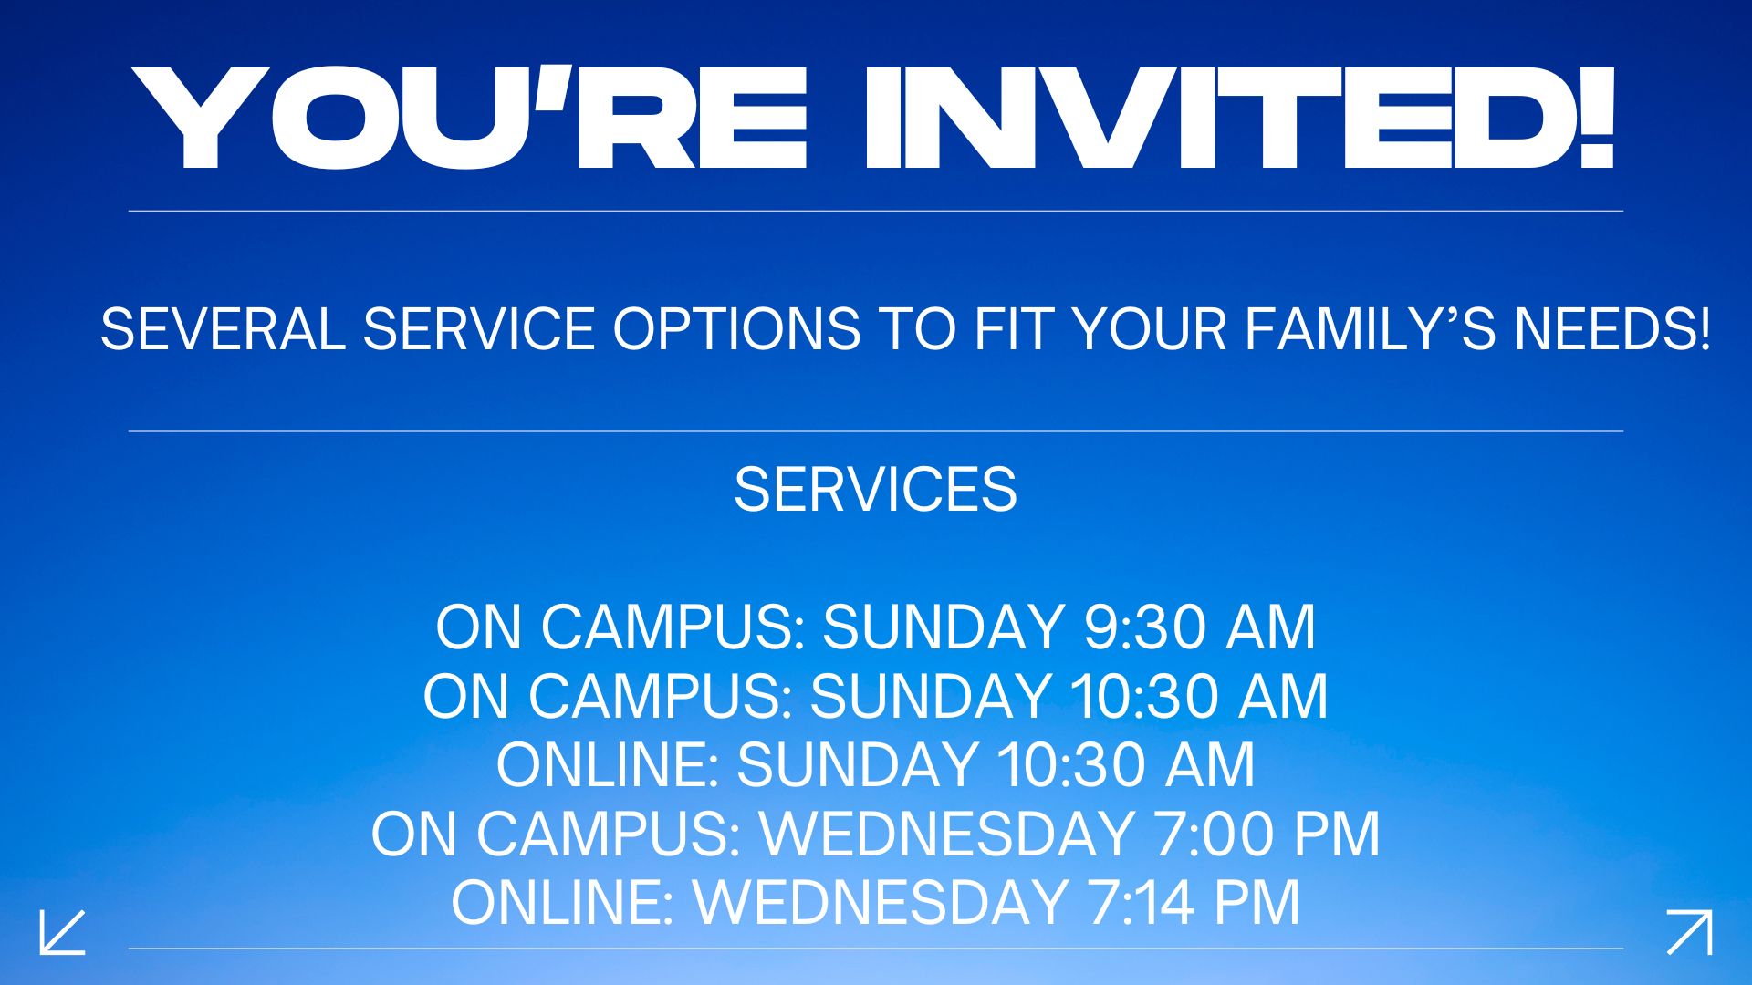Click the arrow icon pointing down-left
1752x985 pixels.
[x=62, y=932]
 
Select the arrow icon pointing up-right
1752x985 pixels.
[x=1689, y=932]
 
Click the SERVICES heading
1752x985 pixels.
[x=876, y=490]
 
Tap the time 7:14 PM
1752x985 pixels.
[x=1194, y=903]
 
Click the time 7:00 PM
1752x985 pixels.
[x=1267, y=834]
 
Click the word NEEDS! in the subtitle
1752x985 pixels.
[x=1612, y=328]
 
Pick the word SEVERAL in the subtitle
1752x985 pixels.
[x=223, y=328]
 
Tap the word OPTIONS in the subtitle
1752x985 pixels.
[x=736, y=328]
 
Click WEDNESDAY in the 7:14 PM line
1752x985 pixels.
[x=881, y=903]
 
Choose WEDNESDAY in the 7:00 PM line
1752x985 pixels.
[x=948, y=834]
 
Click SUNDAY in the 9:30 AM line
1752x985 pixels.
[x=944, y=627]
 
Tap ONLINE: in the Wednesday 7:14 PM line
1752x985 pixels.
[x=563, y=903]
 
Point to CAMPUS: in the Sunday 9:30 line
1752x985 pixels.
[x=673, y=627]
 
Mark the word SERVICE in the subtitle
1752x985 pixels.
[x=479, y=328]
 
